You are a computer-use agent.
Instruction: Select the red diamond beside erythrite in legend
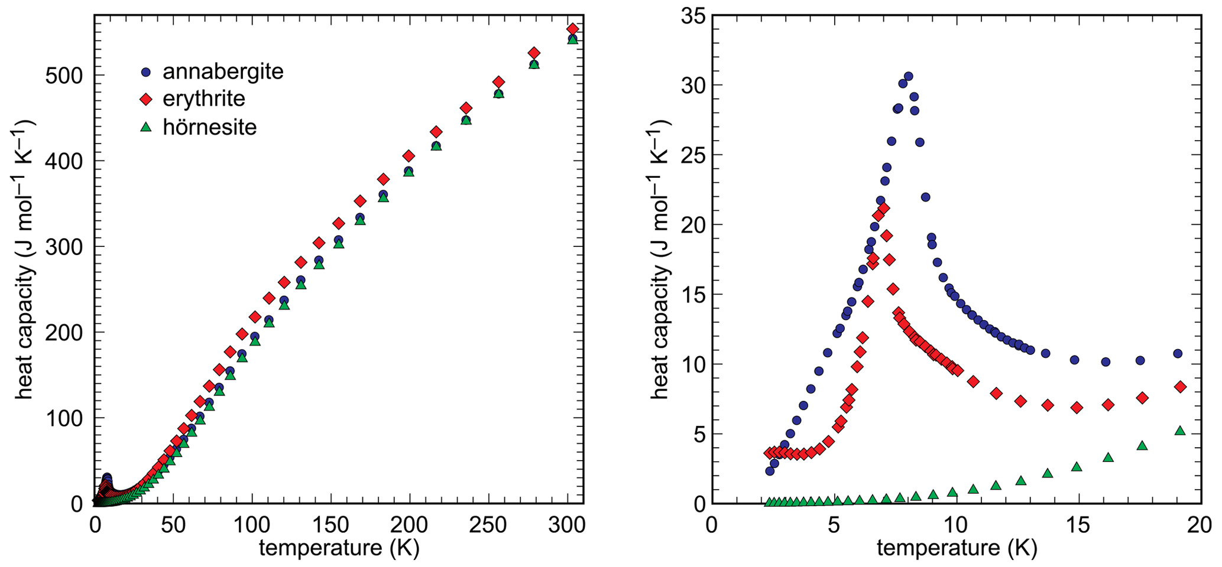coord(145,99)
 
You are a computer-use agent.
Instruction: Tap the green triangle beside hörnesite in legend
coord(145,126)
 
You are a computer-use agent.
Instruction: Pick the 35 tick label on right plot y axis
coord(693,16)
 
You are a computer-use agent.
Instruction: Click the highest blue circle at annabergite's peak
coord(908,76)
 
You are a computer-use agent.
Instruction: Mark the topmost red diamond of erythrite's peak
coord(884,208)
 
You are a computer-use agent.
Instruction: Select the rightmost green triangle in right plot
coord(1179,431)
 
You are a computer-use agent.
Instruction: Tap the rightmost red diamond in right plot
coord(1180,387)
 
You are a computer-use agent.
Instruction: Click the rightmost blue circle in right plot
coord(1177,353)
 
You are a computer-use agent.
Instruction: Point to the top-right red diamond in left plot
coord(572,29)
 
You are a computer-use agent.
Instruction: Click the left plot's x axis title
coord(339,549)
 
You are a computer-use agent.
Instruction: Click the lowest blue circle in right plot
coord(770,471)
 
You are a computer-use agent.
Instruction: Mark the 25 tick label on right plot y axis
coord(693,155)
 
